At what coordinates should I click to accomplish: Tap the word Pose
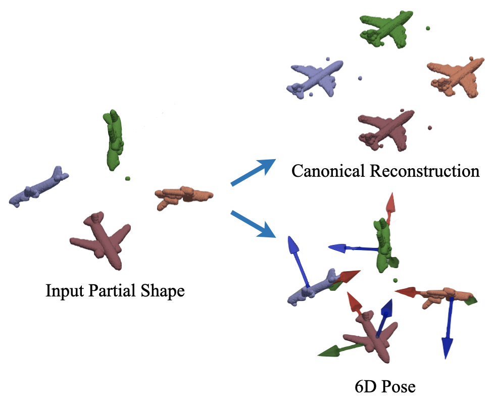399,387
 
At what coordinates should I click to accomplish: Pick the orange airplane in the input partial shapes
183,196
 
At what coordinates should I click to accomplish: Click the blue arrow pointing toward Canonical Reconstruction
253,172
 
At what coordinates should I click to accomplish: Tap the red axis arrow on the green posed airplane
390,207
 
